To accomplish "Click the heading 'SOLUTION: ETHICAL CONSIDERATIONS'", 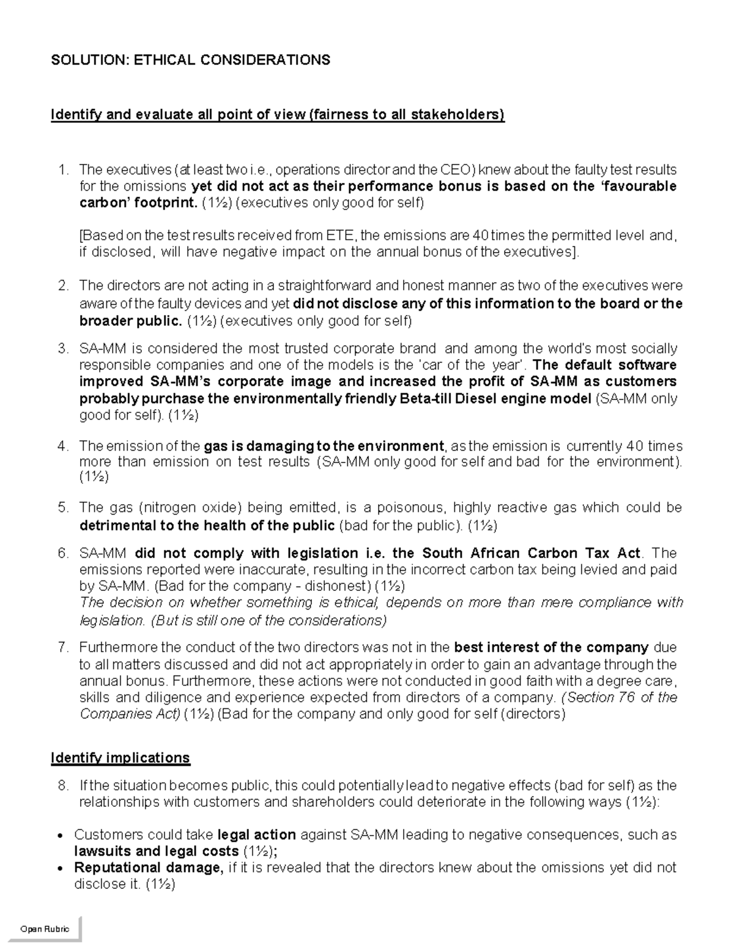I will [x=190, y=59].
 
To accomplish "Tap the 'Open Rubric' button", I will [x=45, y=929].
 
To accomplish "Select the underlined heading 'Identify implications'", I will [x=120, y=758].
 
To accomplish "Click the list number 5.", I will [x=62, y=508].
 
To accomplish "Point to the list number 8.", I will [x=62, y=785].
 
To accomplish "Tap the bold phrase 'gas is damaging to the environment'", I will [x=324, y=446].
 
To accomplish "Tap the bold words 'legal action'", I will [x=257, y=834].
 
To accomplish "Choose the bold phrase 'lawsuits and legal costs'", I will [x=156, y=851].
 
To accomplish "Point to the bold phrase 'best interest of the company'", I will [x=552, y=647].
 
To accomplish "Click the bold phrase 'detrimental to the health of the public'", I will [x=207, y=525].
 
